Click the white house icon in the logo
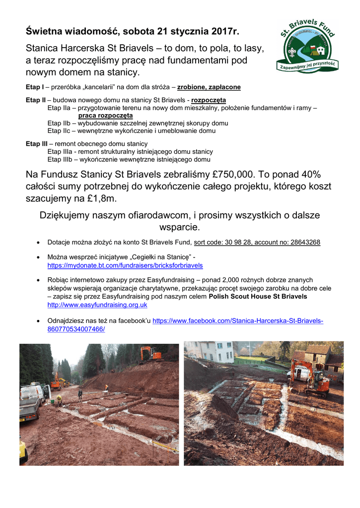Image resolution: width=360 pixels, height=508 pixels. tap(320, 51)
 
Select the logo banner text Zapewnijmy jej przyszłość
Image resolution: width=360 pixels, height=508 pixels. tap(307, 64)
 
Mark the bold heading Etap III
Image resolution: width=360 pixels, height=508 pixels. tap(36, 144)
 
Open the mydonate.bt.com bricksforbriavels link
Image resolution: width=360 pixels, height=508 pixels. tap(125, 266)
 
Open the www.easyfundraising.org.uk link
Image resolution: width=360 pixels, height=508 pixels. tap(97, 305)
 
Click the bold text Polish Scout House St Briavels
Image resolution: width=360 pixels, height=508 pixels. tap(258, 297)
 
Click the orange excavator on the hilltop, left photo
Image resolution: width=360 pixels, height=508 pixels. tap(150, 354)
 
